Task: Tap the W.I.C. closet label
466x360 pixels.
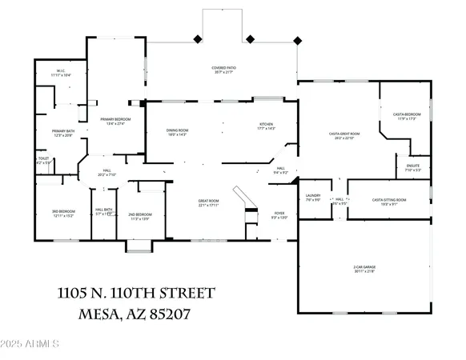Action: (61, 73)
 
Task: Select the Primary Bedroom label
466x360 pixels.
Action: (115, 122)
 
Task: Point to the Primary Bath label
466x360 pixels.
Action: (62, 133)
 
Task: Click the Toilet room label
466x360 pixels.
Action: (44, 161)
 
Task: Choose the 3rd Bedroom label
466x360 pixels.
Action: (62, 214)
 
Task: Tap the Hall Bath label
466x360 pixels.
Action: (103, 213)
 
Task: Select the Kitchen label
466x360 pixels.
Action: (266, 126)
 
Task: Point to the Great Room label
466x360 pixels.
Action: (209, 202)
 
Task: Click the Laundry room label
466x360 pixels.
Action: (312, 198)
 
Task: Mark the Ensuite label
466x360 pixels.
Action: (413, 167)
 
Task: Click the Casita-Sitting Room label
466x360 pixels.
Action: (389, 202)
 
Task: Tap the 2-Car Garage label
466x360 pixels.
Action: (364, 268)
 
